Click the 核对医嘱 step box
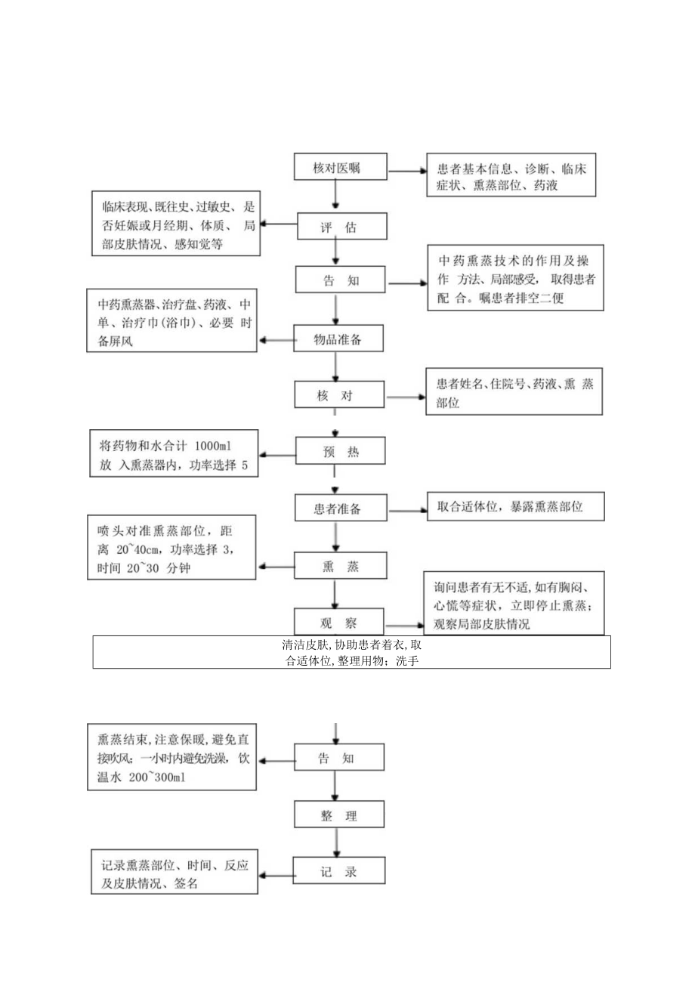[x=337, y=168]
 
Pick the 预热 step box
[x=339, y=452]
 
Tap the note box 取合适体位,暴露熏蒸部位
[x=515, y=506]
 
